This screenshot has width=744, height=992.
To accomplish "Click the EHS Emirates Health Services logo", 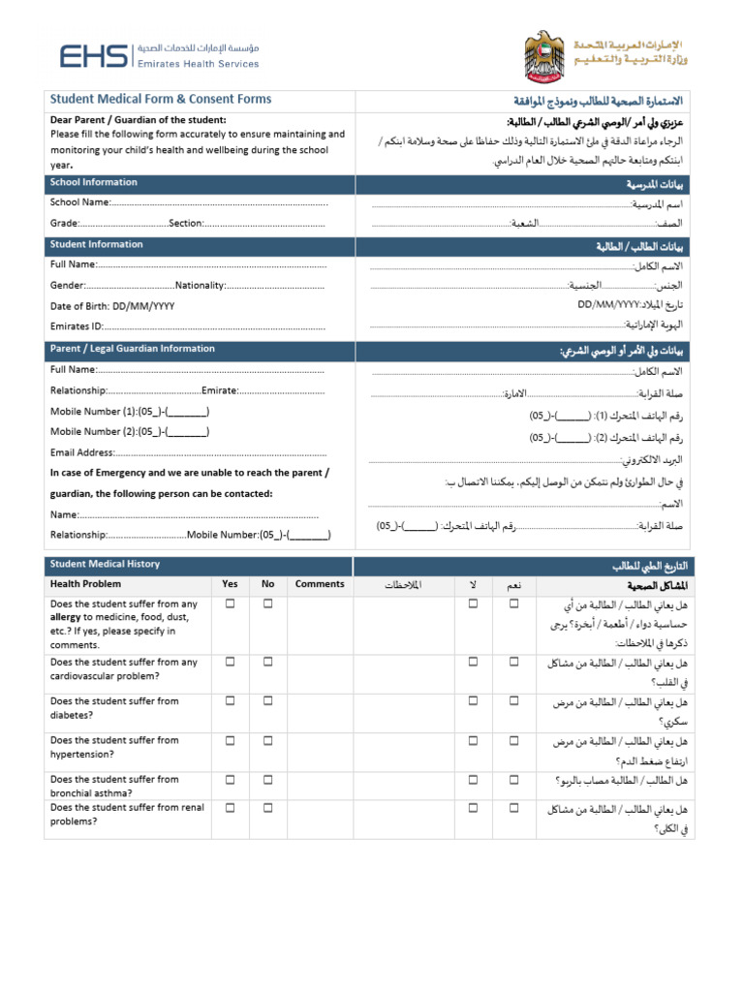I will click(x=160, y=56).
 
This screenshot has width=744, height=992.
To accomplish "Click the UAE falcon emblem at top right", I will click(x=542, y=55).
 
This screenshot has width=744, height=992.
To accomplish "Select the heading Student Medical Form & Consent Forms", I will click(x=161, y=100).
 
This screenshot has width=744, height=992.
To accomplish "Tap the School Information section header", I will click(x=94, y=182).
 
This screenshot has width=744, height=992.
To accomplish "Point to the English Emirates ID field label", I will click(x=77, y=326).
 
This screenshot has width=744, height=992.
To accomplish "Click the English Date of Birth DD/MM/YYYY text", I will click(x=112, y=306).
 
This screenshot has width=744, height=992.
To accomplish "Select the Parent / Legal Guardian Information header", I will click(x=133, y=349).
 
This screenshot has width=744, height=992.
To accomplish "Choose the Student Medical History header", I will click(x=105, y=564).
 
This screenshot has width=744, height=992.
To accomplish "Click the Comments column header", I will click(x=320, y=584).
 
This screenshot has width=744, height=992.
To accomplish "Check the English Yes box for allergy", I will click(x=231, y=604).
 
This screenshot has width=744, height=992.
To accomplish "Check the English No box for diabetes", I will click(x=267, y=700).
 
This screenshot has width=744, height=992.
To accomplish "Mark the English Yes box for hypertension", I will click(x=231, y=739).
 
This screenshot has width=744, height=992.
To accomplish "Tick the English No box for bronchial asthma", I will click(x=267, y=778).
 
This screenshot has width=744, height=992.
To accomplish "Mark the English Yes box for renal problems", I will click(x=231, y=807).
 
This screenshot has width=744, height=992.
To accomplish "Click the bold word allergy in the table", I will click(x=66, y=617).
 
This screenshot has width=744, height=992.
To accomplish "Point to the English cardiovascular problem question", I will click(x=123, y=668).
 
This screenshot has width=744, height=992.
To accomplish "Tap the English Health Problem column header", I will click(x=86, y=584).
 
